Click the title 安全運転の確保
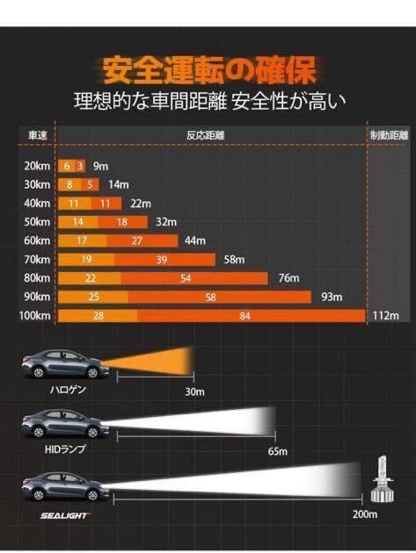[208, 68]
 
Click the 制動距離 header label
[388, 136]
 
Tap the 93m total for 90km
[333, 298]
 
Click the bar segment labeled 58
[210, 298]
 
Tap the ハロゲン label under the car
[67, 390]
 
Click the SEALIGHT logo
[64, 510]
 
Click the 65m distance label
[278, 452]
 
